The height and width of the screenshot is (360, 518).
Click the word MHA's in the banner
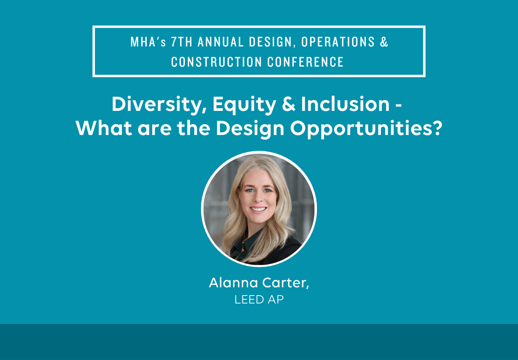(x=148, y=42)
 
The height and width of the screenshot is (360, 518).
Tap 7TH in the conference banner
(x=182, y=42)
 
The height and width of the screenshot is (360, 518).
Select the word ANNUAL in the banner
(x=221, y=42)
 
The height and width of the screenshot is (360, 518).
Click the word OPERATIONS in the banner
(x=338, y=42)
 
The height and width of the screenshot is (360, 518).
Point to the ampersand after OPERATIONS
(x=384, y=42)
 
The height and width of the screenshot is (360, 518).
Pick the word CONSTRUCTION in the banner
(x=217, y=62)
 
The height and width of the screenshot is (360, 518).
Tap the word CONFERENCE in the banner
(x=305, y=62)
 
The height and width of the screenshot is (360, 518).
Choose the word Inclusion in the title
(x=345, y=104)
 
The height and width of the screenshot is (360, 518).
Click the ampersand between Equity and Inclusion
(x=288, y=104)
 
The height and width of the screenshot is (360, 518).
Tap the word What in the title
(x=104, y=128)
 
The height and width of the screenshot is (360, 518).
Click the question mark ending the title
(x=437, y=128)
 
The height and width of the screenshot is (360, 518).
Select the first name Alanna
(x=233, y=283)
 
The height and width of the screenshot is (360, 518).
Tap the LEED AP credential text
(x=259, y=300)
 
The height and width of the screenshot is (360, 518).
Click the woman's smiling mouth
(x=259, y=209)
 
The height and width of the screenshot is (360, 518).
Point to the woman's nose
(x=259, y=198)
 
